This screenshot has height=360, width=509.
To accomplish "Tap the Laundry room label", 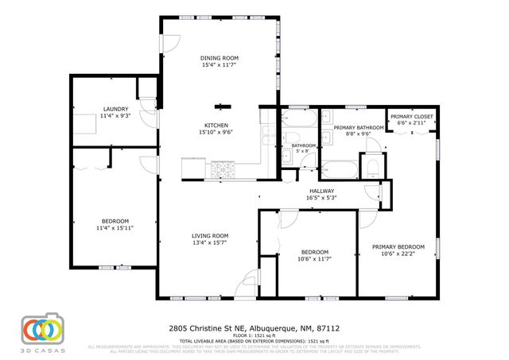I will point(115,109).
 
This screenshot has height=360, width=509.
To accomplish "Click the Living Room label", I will point(210,235).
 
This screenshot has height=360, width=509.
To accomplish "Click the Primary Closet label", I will point(411,117).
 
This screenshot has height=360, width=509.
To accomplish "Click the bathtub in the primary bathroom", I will point(340,169).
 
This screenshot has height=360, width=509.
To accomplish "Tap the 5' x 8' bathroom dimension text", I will point(303,153).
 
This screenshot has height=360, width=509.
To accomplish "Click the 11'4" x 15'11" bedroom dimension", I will point(115,228).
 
